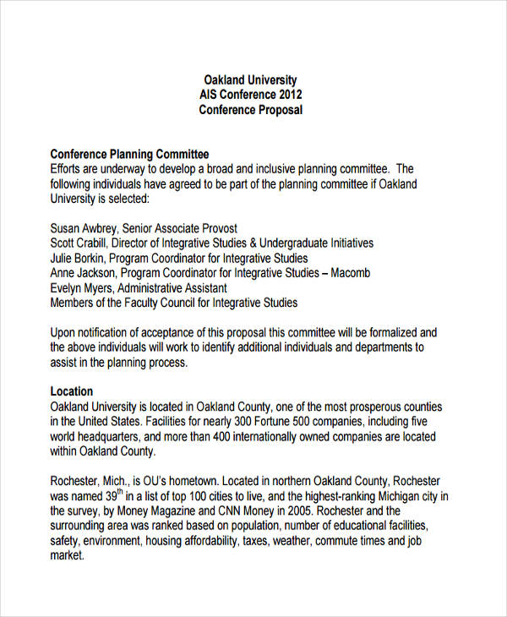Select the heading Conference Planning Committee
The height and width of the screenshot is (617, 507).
[129, 154]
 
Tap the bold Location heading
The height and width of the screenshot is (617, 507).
[72, 392]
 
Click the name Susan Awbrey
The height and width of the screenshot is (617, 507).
[84, 228]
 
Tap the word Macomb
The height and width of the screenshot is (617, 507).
[348, 273]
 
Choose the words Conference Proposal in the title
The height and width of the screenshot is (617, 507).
[250, 110]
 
